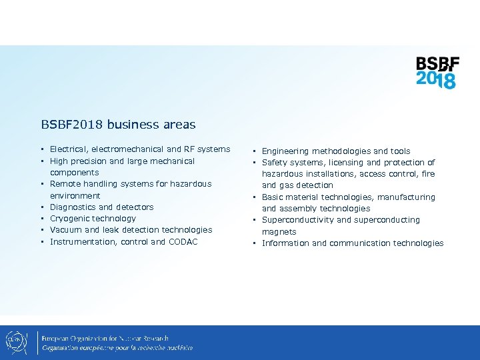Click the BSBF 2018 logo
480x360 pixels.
coord(437,73)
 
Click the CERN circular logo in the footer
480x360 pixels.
coord(16,342)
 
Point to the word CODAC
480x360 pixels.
coord(183,241)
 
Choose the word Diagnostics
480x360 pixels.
coord(73,207)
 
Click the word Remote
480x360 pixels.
coord(65,184)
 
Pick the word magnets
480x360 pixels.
coord(279,232)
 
